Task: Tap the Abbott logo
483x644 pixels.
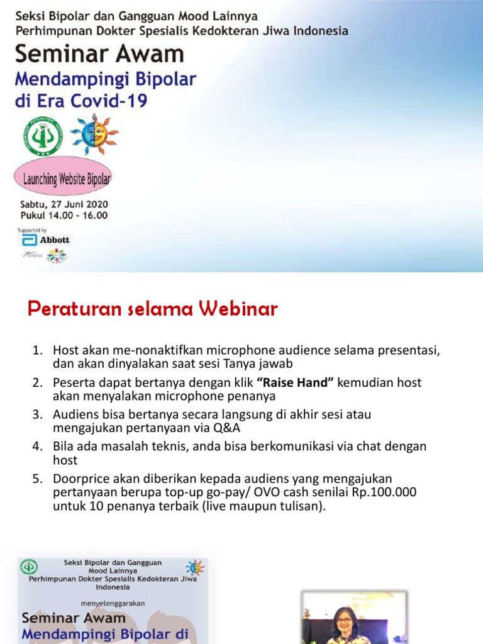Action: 47,240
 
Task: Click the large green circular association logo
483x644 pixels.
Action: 42,136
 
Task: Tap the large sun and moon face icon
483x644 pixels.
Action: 94,133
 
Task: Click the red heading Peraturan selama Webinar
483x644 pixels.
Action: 153,309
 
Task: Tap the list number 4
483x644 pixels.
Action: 37,446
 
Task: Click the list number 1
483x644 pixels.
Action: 37,350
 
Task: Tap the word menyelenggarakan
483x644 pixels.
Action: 113,602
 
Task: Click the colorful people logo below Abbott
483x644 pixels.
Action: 56,255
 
